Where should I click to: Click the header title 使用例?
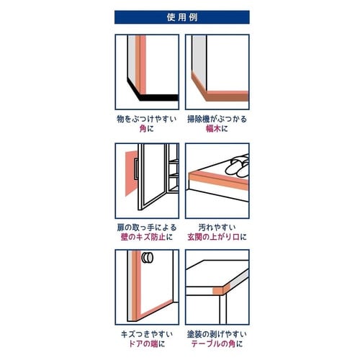(x=181, y=17)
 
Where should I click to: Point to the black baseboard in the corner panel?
(x=151, y=94)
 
